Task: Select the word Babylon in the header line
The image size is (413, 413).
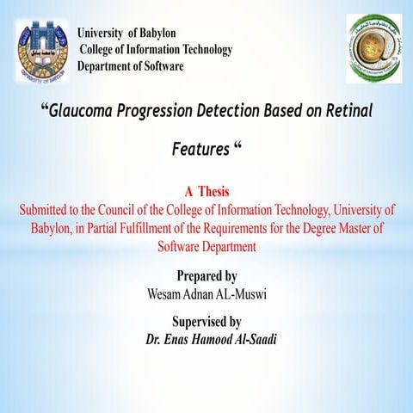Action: click(x=157, y=33)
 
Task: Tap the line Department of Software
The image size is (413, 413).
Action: click(x=130, y=66)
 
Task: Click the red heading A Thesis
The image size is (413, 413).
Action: click(x=206, y=191)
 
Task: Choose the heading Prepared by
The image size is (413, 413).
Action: click(x=206, y=276)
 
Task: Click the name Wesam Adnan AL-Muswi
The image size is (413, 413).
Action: click(x=206, y=294)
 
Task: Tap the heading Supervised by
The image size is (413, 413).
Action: click(x=206, y=323)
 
